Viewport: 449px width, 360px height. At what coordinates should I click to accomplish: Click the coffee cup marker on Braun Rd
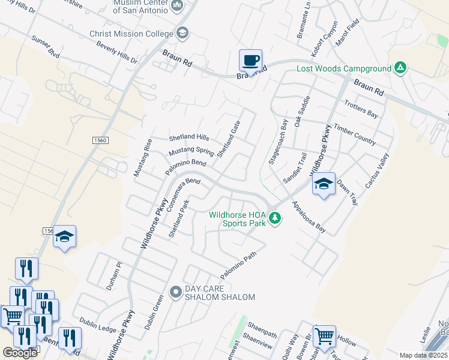[250, 61]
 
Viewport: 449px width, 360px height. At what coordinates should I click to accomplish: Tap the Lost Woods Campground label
[344, 68]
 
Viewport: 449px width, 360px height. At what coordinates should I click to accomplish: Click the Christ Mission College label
[131, 34]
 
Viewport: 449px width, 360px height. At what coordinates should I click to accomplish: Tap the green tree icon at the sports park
[275, 217]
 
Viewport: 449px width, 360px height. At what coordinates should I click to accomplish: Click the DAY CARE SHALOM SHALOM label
[220, 293]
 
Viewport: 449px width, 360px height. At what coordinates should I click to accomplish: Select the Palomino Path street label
[238, 265]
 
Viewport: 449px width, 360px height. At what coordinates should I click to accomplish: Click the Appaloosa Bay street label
[309, 217]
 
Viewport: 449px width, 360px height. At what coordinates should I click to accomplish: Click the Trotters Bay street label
[361, 109]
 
